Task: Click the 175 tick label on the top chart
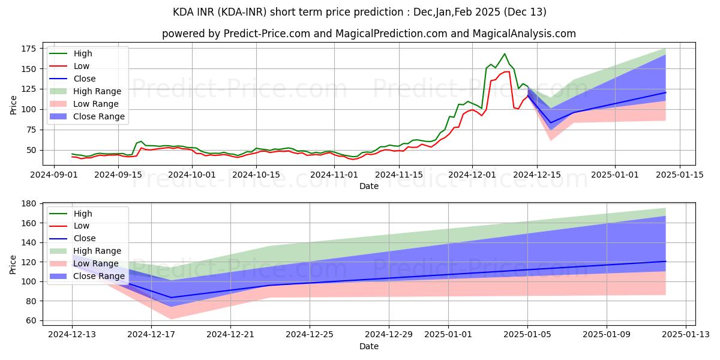pos(29,49)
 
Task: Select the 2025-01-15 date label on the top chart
pos(679,175)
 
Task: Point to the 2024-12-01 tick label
pos(472,175)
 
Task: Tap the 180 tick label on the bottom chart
pos(29,203)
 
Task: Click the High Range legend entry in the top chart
pos(97,91)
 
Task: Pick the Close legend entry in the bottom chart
pos(84,239)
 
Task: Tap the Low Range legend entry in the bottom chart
pos(97,264)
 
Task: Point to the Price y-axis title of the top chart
pos(13,105)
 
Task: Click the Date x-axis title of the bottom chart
pos(368,347)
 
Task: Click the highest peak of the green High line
pos(504,54)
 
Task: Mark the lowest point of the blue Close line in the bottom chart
pos(171,298)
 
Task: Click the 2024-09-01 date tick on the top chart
pos(55,175)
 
